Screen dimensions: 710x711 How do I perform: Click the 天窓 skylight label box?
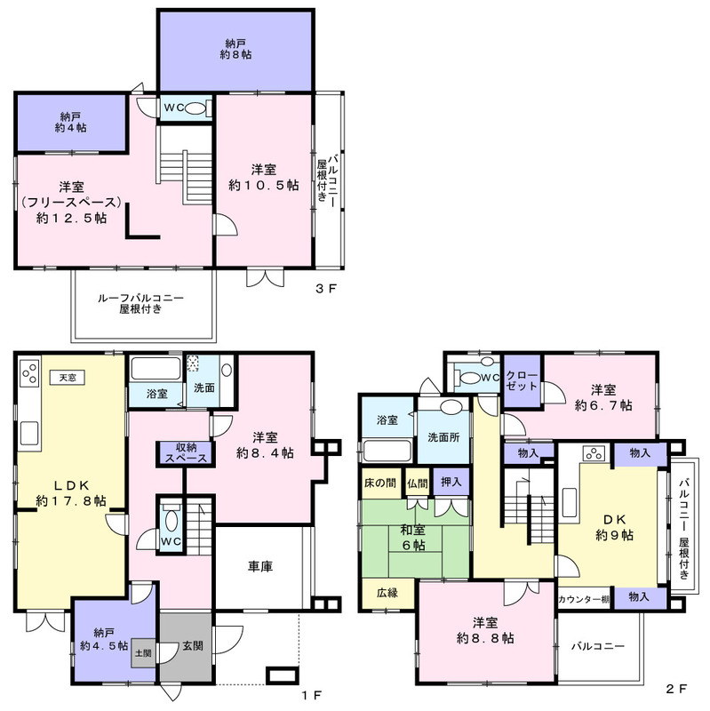point(68,377)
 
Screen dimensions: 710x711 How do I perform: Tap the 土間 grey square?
point(143,653)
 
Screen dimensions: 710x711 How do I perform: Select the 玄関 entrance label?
point(193,645)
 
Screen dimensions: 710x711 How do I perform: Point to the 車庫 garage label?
point(260,566)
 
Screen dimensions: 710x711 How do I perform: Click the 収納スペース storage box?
point(186,452)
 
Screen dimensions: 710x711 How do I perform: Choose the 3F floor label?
point(326,288)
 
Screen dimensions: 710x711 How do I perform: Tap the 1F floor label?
point(312,695)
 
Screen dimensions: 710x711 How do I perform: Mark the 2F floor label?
point(676,689)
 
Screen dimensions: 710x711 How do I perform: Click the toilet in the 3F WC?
point(195,108)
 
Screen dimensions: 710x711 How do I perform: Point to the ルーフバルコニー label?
point(140,298)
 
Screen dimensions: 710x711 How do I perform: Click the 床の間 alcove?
point(380,483)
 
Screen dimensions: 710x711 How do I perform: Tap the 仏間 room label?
point(417,483)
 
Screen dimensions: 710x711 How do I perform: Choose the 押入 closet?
point(451,483)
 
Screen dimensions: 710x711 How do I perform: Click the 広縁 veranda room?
point(387,594)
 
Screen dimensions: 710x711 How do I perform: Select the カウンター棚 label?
point(585,599)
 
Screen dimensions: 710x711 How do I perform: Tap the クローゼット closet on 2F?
point(522,381)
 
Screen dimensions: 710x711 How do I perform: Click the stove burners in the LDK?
point(29,371)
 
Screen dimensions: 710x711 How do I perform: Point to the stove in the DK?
point(594,453)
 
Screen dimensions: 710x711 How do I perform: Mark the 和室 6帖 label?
point(413,538)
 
